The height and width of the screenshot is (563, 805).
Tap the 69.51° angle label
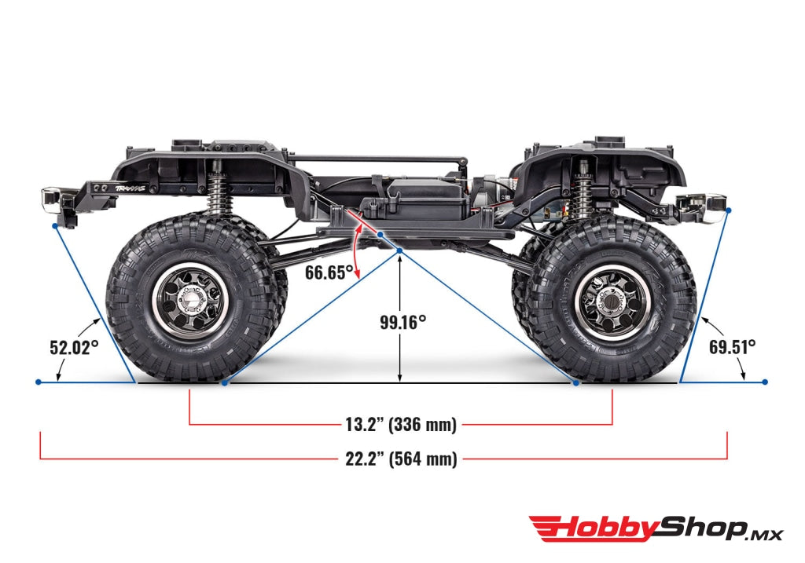tap(731, 346)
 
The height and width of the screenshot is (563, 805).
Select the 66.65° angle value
tap(329, 272)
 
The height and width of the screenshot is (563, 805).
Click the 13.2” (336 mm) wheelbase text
tap(401, 425)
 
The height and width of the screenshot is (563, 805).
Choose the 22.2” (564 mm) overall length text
tap(401, 459)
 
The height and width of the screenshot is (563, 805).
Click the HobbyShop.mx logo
tap(656, 528)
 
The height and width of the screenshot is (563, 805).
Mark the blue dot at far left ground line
tap(39, 382)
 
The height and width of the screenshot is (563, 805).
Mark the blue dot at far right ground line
tap(765, 382)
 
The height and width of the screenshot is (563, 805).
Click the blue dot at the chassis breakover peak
tap(399, 250)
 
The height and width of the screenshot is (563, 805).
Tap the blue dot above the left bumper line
tap(54, 225)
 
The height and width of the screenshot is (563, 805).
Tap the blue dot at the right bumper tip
tap(730, 210)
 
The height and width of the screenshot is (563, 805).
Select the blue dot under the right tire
tap(576, 382)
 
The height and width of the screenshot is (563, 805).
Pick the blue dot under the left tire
tap(225, 382)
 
